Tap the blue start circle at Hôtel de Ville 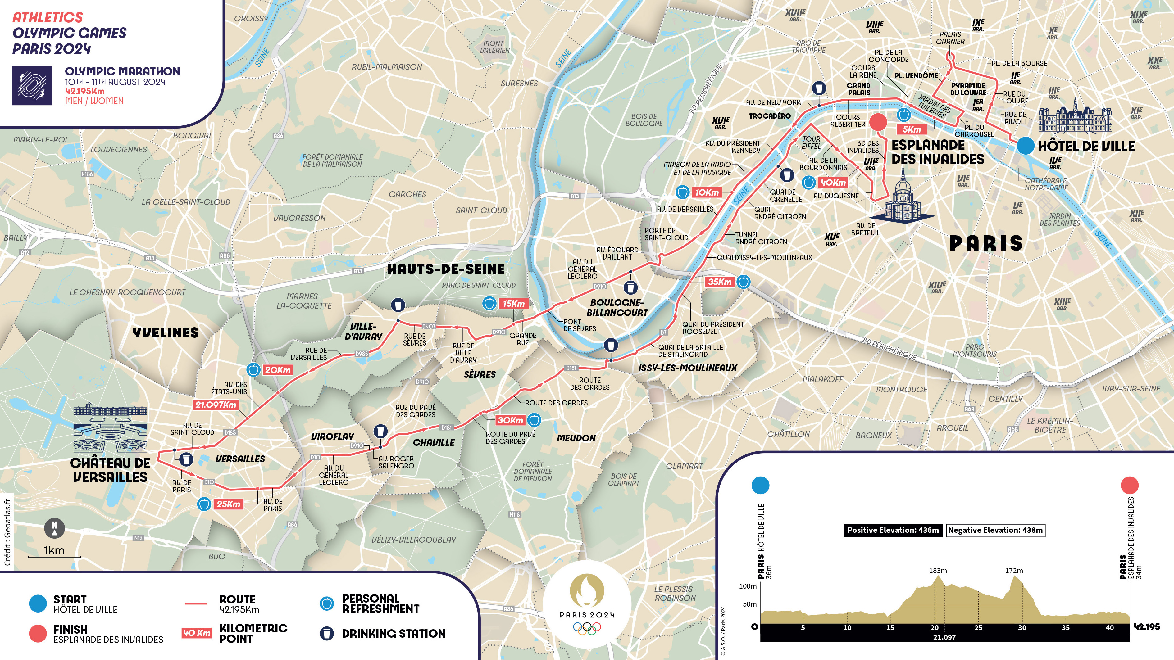[1025, 146]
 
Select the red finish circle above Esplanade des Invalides [878, 122]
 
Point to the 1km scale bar [54, 556]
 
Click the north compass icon [54, 528]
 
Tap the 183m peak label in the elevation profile [937, 570]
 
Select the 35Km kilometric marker [719, 282]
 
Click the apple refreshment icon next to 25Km [204, 504]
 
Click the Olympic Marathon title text [122, 71]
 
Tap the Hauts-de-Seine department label [446, 269]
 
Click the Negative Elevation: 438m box [995, 530]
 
